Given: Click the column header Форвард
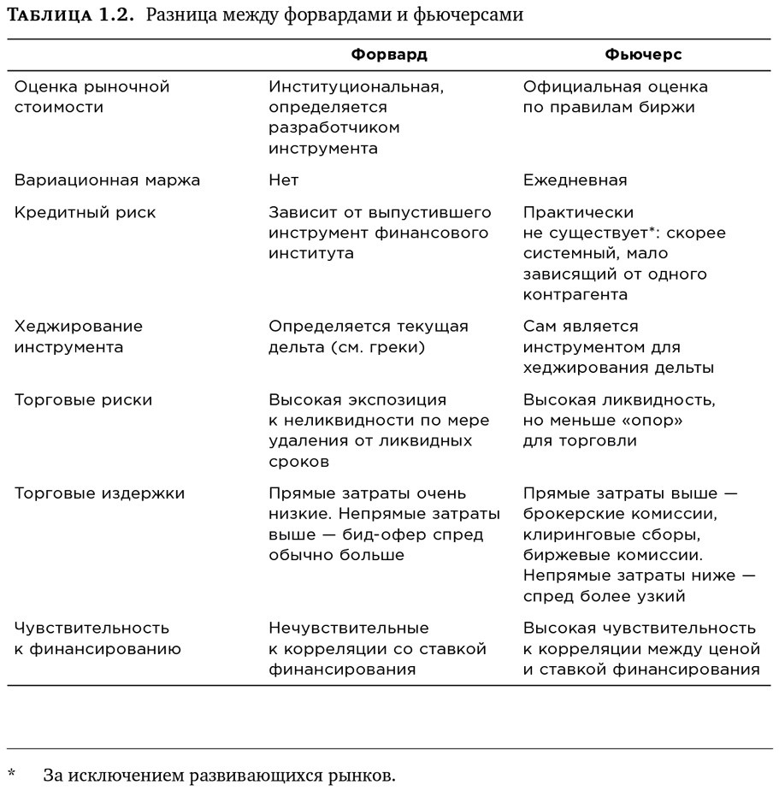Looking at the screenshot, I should (389, 55).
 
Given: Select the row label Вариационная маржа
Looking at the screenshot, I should (107, 180).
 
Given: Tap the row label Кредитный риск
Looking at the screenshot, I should (86, 213).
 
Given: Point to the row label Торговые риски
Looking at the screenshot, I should (84, 400).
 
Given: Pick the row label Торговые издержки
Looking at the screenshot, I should (99, 494).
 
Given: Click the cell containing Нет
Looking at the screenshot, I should (284, 180).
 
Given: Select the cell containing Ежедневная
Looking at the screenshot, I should (575, 180).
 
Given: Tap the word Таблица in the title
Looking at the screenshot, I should (49, 15).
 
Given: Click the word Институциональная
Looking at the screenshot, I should (356, 86).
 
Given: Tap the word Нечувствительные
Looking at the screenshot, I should (349, 629).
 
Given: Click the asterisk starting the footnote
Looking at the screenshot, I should (12, 775).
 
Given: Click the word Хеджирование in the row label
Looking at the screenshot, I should (79, 327).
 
